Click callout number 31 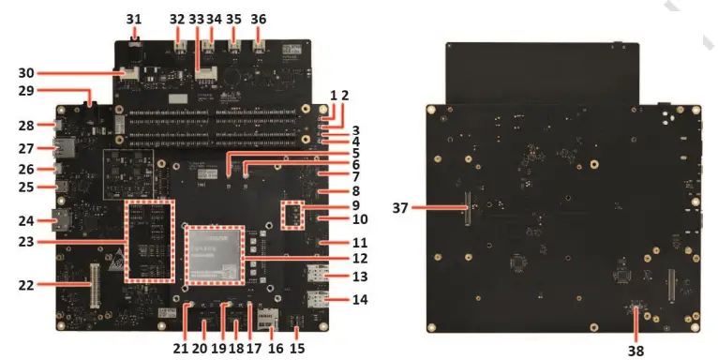(134, 18)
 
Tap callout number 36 (260, 18)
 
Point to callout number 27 (25, 147)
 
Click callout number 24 (25, 222)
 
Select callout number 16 (275, 347)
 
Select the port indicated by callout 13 (316, 275)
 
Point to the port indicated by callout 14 (316, 300)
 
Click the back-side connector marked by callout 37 (464, 207)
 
